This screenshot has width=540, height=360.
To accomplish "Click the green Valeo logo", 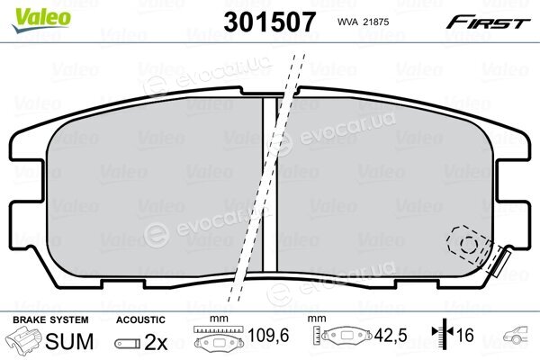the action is tap(41, 21).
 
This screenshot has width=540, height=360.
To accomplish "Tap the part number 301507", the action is tap(269, 22).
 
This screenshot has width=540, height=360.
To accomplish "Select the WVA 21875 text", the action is tap(363, 22).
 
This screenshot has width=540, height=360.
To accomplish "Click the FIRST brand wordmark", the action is tap(488, 22).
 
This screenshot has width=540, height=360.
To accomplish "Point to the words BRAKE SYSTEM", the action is tap(50, 319).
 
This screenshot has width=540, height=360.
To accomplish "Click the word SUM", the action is tap(69, 341).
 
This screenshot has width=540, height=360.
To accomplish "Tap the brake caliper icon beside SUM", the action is tap(25, 339).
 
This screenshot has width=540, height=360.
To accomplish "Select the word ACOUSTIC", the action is tap(140, 319).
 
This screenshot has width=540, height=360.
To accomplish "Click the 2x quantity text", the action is tap(156, 342).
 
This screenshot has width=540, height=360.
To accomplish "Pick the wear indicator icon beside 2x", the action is tap(128, 344).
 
